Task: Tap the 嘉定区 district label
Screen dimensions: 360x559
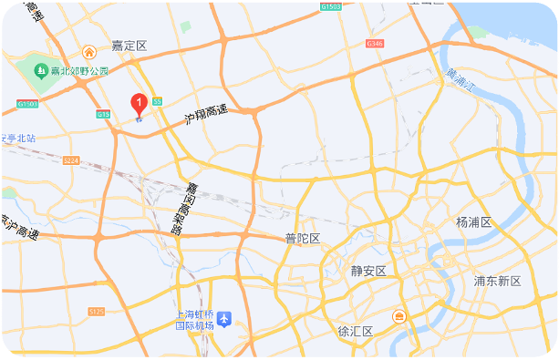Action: coord(129,46)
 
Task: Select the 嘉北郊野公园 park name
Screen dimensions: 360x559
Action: coord(79,70)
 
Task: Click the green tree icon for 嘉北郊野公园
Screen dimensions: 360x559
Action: coord(40,70)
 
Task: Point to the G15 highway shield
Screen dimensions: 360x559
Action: coord(103,114)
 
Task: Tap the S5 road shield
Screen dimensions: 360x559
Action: coord(157,101)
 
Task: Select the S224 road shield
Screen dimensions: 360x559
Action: coord(72,160)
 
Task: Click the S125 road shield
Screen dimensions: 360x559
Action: coord(97,312)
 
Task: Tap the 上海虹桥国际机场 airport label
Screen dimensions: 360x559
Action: coord(195,320)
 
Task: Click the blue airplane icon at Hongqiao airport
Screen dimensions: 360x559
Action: coord(225,319)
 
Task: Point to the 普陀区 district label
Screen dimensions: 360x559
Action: coord(303,238)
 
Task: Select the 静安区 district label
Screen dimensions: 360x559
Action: coord(368,272)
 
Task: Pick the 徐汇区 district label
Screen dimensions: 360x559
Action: coord(356,331)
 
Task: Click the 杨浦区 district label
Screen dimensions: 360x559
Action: coord(473,222)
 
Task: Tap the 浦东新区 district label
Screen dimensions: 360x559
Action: coord(497,281)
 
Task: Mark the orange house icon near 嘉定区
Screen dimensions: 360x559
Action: coord(89,52)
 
